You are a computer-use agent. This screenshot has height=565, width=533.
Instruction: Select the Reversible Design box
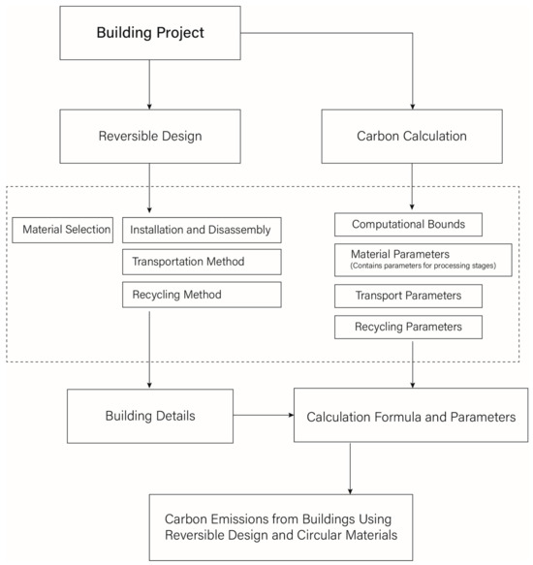151,136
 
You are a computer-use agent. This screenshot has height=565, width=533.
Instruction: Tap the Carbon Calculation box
413,136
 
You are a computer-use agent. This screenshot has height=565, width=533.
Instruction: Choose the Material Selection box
61,231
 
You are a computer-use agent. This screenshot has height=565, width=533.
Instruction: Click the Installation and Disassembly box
202,231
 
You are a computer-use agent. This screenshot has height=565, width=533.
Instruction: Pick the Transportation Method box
202,262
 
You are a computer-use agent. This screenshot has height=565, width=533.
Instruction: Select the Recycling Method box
202,294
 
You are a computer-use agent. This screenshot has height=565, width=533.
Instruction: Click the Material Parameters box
422,260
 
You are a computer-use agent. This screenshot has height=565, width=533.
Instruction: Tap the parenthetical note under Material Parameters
422,266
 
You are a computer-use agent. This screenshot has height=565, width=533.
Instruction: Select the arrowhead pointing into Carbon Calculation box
413,104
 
